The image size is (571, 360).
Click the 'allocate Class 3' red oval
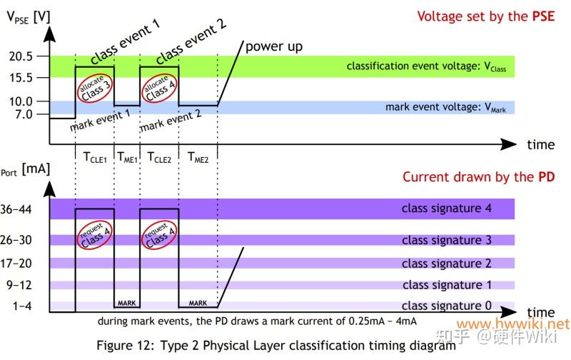96,88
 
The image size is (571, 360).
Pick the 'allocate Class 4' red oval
159,88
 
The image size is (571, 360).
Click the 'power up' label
274,47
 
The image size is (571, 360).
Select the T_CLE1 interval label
94,158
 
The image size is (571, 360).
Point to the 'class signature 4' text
446,209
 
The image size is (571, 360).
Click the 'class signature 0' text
446,306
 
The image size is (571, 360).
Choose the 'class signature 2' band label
446,264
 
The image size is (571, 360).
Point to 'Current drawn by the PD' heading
478,176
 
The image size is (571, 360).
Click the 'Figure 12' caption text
276,345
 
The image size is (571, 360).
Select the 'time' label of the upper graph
540,144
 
